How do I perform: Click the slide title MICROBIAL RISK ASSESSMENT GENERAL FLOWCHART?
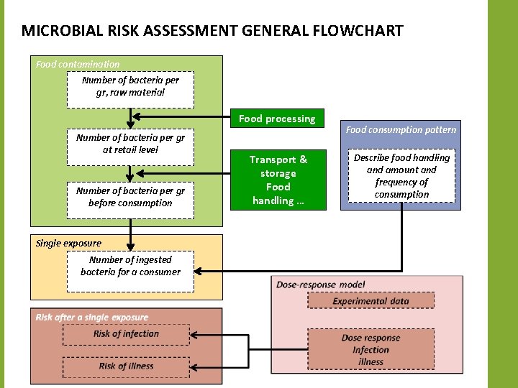pos(212,32)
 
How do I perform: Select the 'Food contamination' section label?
pos(78,64)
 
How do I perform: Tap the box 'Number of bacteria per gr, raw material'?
pos(130,87)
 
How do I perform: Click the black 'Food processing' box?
pos(277,119)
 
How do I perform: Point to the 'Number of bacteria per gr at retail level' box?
pos(130,144)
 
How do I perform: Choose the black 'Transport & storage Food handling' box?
pos(278,180)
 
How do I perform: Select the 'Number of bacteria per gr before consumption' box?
pos(130,196)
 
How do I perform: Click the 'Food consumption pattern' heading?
pos(401,130)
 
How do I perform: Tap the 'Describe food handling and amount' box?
pos(401,176)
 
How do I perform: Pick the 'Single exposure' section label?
pos(68,243)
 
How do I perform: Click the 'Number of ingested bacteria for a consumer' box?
pos(130,266)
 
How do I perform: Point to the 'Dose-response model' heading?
pos(320,285)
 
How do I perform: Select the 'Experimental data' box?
pos(371,301)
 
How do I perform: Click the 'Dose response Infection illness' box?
pos(371,350)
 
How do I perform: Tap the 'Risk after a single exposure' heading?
pos(91,317)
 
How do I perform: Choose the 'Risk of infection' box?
pos(126,334)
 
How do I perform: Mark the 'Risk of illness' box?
pos(126,366)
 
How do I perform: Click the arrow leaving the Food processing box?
pos(180,119)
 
